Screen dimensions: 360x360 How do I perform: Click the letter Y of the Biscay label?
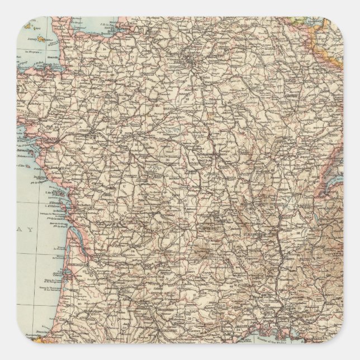click(x=33, y=230)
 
